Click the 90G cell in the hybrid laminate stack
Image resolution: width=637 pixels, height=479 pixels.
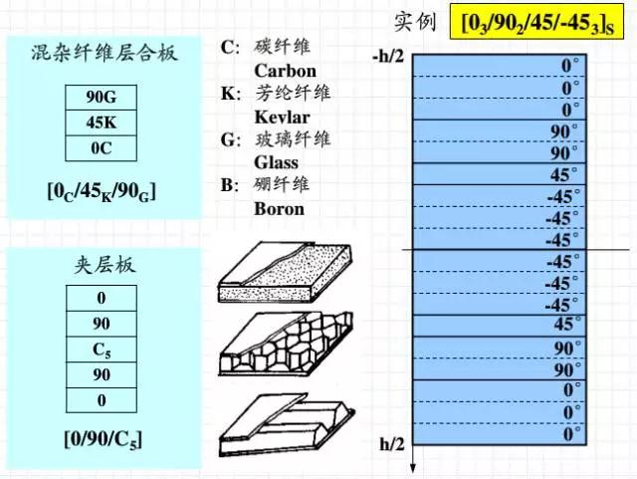pyautogui.click(x=102, y=98)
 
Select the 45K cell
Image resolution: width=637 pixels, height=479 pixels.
pyautogui.click(x=102, y=122)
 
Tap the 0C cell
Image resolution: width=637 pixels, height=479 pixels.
pyautogui.click(x=102, y=148)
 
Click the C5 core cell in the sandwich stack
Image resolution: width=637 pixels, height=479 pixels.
pyautogui.click(x=102, y=350)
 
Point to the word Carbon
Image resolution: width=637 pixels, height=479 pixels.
pyautogui.click(x=286, y=71)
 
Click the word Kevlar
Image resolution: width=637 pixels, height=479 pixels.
pyautogui.click(x=282, y=118)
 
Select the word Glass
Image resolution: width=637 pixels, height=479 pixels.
pyautogui.click(x=277, y=162)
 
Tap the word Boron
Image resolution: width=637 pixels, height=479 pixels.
pyautogui.click(x=279, y=209)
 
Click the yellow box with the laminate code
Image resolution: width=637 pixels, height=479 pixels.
pyautogui.click(x=536, y=22)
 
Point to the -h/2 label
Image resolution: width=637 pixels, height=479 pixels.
pyautogui.click(x=388, y=56)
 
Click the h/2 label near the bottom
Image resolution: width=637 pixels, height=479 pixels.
pyautogui.click(x=392, y=444)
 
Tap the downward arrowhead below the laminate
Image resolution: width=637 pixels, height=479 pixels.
pyautogui.click(x=413, y=468)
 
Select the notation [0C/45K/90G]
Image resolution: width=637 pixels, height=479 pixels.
pyautogui.click(x=102, y=191)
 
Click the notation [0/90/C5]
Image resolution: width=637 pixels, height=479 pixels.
pyautogui.click(x=104, y=439)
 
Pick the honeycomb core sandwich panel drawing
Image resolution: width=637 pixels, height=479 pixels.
pyautogui.click(x=286, y=344)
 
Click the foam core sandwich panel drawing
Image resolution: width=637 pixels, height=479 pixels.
pyautogui.click(x=285, y=272)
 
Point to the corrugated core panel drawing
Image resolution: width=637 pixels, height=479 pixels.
pyautogui.click(x=287, y=424)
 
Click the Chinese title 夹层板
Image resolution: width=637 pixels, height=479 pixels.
pyautogui.click(x=104, y=266)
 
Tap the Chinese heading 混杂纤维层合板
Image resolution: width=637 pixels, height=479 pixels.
pyautogui.click(x=104, y=53)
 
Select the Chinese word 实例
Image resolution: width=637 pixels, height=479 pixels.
pyautogui.click(x=415, y=21)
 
